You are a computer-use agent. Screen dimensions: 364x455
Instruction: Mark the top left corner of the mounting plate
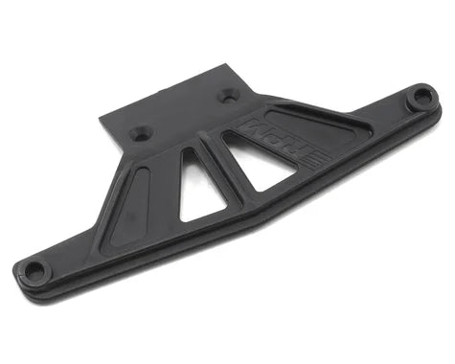point(101,117)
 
